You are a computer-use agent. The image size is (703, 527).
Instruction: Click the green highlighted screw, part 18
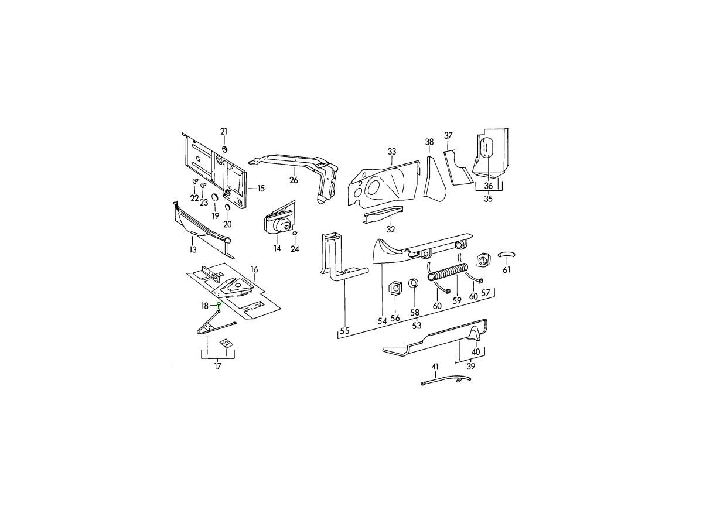pos(219,305)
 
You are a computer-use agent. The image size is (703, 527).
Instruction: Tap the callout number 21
pos(224,132)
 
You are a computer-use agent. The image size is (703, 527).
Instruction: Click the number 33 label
pos(392,151)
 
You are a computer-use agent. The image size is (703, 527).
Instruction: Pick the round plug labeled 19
pos(215,198)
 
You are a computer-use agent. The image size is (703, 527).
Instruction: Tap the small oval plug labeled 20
pos(227,207)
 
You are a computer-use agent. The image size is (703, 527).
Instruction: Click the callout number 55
pos(344,331)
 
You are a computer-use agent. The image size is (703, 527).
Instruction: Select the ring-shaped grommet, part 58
pos(414,283)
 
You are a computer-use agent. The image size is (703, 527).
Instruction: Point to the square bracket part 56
pos(395,288)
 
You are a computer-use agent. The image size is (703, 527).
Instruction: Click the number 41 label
pos(434,367)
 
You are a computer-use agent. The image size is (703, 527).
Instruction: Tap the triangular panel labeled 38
pos(434,180)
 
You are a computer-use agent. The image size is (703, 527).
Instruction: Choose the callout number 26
pos(294,180)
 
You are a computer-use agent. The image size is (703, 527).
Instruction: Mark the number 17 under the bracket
pos(217,366)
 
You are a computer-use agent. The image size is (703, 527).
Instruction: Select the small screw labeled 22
pos(194,182)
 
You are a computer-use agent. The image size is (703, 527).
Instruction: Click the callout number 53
pos(417,326)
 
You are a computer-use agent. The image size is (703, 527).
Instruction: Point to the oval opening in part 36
pos(487,148)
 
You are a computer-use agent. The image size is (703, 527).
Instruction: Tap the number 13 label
pos(193,249)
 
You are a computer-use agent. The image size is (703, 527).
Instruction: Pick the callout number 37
pos(448,136)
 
